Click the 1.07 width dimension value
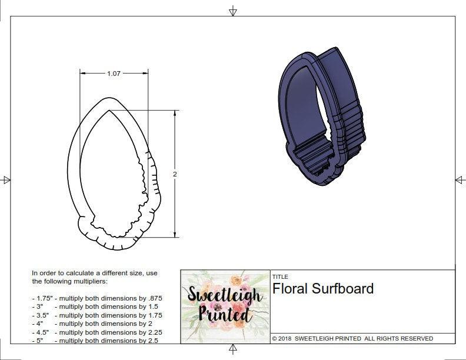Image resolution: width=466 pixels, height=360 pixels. pos(114,74)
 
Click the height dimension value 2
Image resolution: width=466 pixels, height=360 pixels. pos(175,174)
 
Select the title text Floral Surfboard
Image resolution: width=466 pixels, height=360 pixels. pos(322,289)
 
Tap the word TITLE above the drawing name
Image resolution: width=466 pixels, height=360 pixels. pos(280,276)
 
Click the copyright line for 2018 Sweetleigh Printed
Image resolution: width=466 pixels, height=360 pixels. pos(352,338)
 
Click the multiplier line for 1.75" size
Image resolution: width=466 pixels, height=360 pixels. pos(97,298)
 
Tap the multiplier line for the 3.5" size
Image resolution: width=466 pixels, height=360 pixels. pos(97,315)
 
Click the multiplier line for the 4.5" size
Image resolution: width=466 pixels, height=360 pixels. pos(97,332)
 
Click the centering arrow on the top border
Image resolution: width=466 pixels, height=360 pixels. pos(233,11)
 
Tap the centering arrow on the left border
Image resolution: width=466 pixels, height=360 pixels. pos(6,179)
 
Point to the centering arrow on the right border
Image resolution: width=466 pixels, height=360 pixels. pos(460,179)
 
